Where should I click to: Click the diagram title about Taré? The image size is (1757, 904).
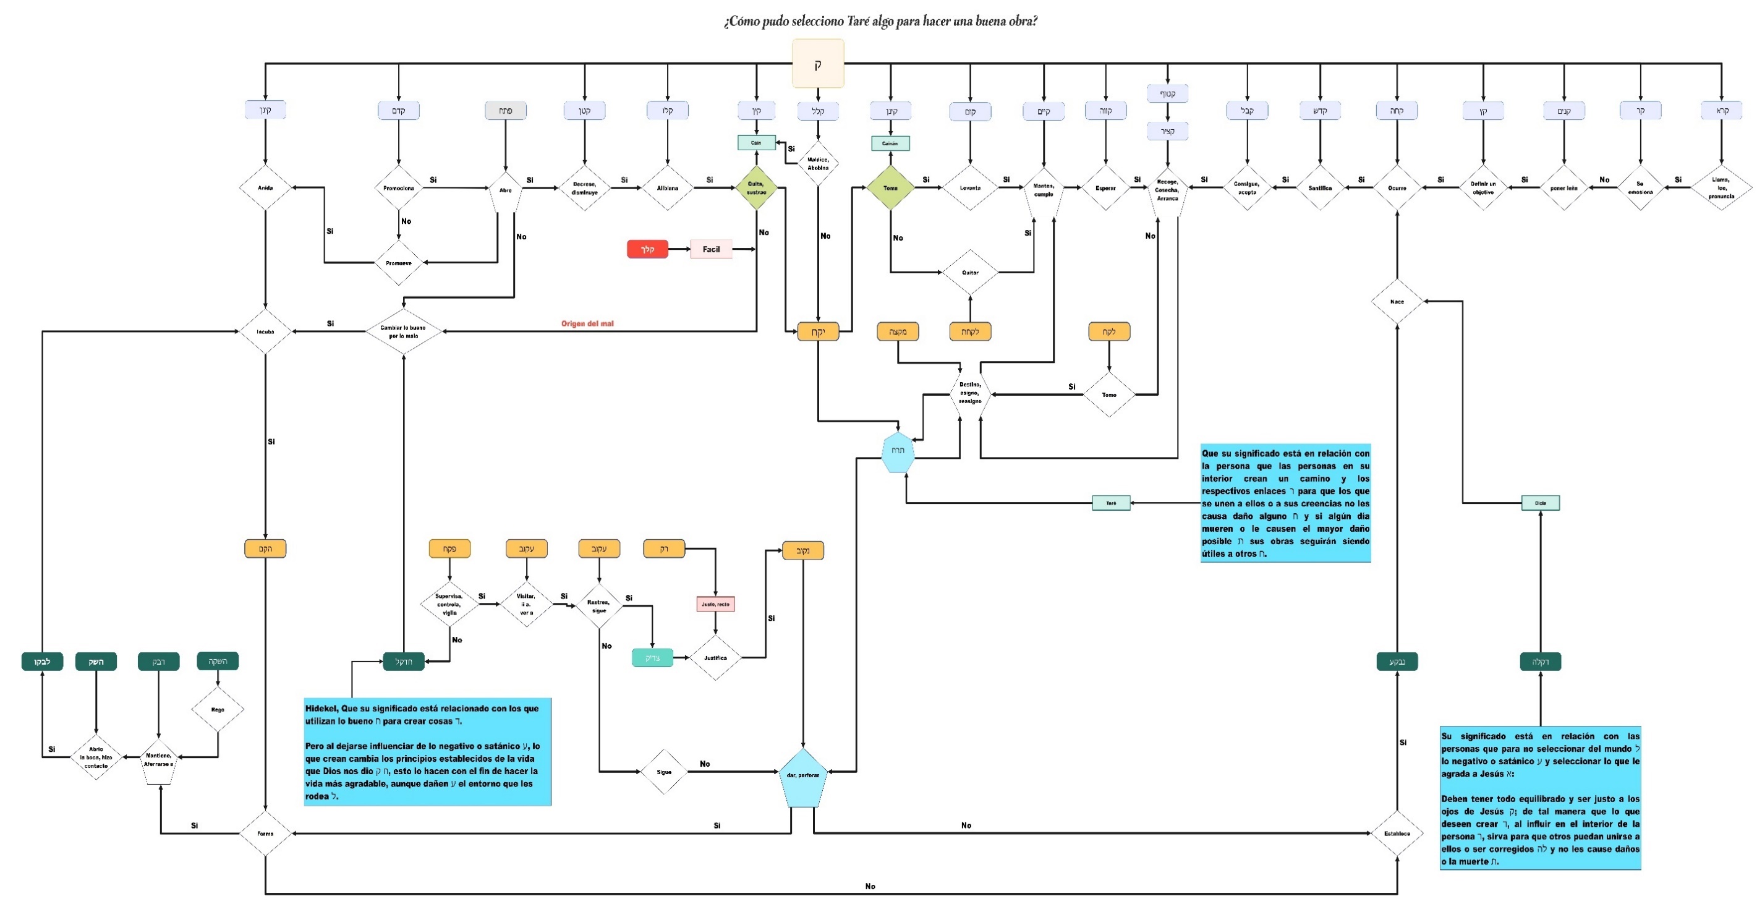point(880,21)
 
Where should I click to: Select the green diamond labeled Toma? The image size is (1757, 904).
point(890,187)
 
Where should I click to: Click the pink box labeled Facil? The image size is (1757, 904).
point(711,249)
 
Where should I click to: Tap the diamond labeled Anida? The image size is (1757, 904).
point(265,187)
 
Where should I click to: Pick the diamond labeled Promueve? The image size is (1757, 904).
point(398,263)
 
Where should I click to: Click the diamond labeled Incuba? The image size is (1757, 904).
point(265,331)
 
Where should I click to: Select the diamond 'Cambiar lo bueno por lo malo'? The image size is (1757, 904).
point(403,331)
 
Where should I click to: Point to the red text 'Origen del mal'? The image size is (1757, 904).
point(587,323)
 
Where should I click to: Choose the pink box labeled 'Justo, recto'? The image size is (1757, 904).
point(715,604)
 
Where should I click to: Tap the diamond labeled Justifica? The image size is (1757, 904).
point(715,658)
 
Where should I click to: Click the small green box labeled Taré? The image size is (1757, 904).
point(1111,503)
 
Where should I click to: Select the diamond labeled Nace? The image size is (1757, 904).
point(1397,301)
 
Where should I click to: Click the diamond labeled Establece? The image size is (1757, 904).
point(1397,833)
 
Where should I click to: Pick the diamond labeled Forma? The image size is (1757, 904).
point(265,833)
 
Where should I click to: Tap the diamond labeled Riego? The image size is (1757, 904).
point(218,710)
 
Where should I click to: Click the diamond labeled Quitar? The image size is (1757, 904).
point(970,272)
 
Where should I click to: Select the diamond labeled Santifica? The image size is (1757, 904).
point(1320,187)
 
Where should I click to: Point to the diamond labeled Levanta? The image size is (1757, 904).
point(970,187)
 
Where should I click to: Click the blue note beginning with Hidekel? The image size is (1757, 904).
point(428,752)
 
